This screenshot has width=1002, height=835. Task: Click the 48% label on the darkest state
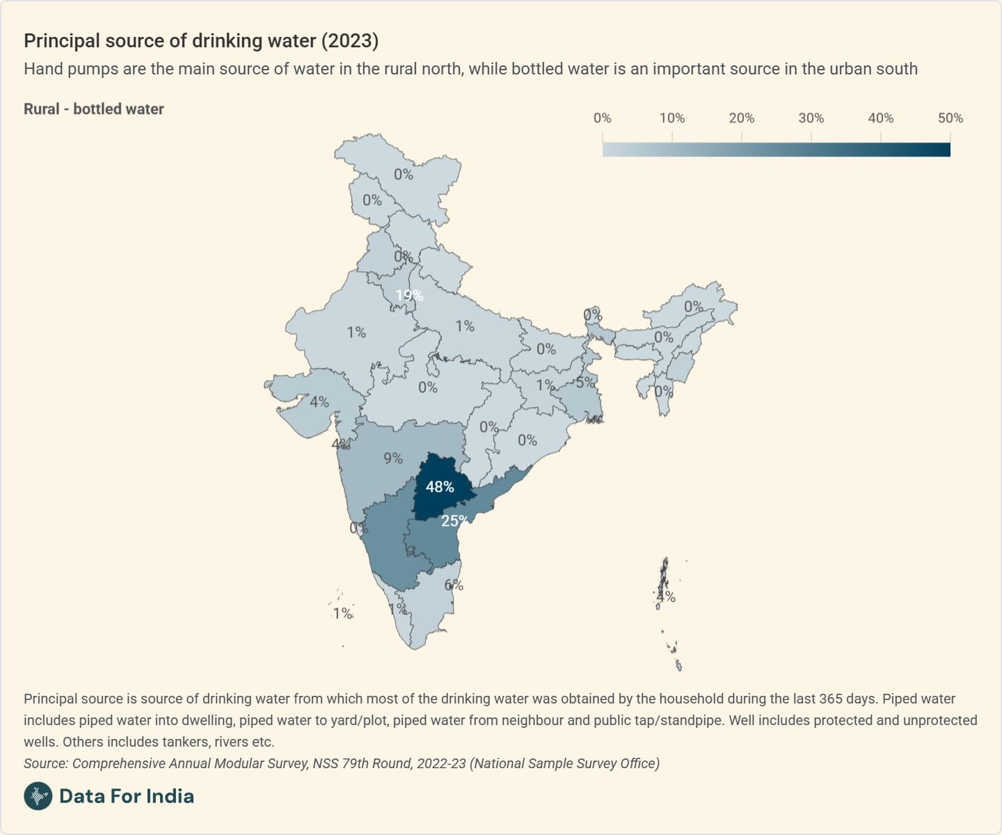tap(440, 487)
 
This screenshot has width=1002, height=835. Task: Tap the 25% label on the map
tap(454, 520)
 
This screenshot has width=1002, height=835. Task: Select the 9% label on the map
tap(393, 458)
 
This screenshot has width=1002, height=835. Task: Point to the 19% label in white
tap(409, 295)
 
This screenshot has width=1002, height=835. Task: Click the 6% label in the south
tap(454, 585)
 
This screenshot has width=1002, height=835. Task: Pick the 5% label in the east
tap(585, 382)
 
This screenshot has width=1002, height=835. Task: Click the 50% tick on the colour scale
tap(950, 118)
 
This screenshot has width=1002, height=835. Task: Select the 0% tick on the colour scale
tap(603, 118)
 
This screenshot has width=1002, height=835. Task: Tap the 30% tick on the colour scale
tap(811, 118)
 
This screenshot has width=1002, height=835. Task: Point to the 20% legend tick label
tap(741, 118)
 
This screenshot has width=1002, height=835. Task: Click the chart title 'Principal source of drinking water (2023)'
tap(201, 40)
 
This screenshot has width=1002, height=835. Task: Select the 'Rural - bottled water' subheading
tap(94, 109)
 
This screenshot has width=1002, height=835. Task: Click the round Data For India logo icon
tap(38, 796)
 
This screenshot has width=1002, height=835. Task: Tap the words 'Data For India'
tap(127, 796)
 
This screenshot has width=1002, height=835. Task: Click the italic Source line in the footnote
tap(341, 763)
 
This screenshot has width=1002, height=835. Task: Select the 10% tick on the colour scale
tap(671, 118)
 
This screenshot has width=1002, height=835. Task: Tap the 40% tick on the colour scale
tap(880, 118)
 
